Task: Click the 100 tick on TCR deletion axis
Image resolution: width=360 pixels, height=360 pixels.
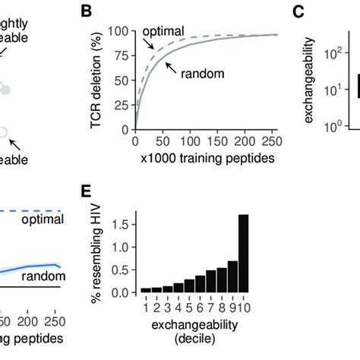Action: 123,32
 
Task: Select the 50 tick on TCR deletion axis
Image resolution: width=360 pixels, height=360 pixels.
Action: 125,80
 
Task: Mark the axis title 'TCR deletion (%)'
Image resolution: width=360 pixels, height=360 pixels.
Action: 97,79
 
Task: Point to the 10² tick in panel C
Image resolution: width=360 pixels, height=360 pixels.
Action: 327,55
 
